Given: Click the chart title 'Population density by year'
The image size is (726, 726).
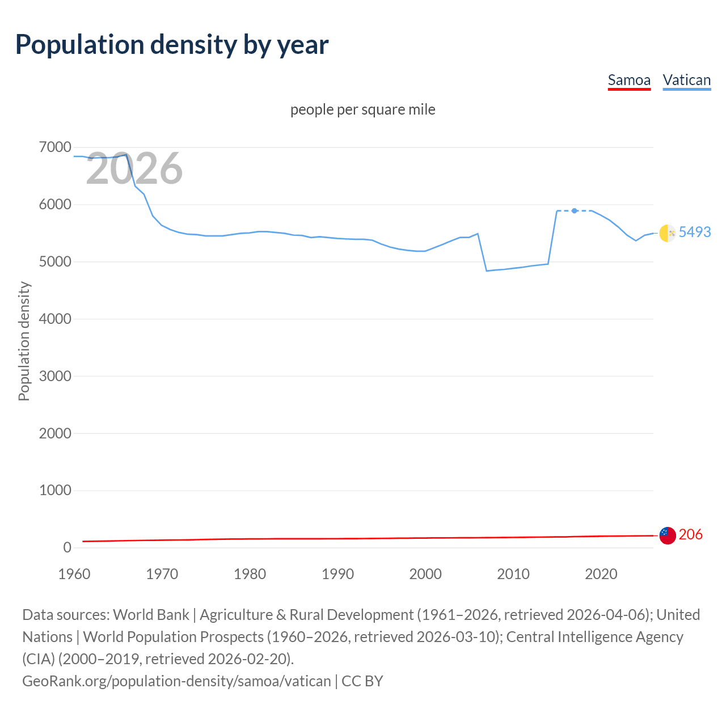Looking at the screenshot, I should (172, 45).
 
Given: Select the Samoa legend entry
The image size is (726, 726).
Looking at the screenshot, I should (629, 80).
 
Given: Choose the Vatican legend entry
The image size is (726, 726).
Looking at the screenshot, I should (687, 80).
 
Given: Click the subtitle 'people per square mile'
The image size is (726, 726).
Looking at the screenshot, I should (362, 109).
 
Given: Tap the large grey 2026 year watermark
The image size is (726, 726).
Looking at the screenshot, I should (134, 168).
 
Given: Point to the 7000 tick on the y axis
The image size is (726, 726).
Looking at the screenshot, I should (55, 147).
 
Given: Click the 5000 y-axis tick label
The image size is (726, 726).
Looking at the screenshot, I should (55, 262).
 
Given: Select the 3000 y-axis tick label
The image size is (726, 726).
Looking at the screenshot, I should (55, 376).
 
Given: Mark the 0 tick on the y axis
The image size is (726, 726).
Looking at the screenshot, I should (67, 547).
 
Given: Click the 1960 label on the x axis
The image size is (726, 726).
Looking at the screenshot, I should (74, 574).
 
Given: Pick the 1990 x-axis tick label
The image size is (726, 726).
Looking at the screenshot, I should (337, 574).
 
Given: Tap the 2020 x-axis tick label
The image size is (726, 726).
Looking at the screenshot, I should (601, 574).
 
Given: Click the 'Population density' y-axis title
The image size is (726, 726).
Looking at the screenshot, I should (24, 341).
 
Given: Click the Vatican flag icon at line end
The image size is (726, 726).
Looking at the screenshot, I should (668, 233).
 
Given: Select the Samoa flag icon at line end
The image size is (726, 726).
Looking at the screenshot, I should (668, 535).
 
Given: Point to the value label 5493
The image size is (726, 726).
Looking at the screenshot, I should (695, 232).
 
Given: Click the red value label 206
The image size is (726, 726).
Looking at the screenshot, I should (690, 534).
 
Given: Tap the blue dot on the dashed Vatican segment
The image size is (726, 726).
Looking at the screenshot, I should (575, 210).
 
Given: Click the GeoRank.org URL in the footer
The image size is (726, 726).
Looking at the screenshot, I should (176, 681).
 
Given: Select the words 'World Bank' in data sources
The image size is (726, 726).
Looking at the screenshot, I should (151, 615).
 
